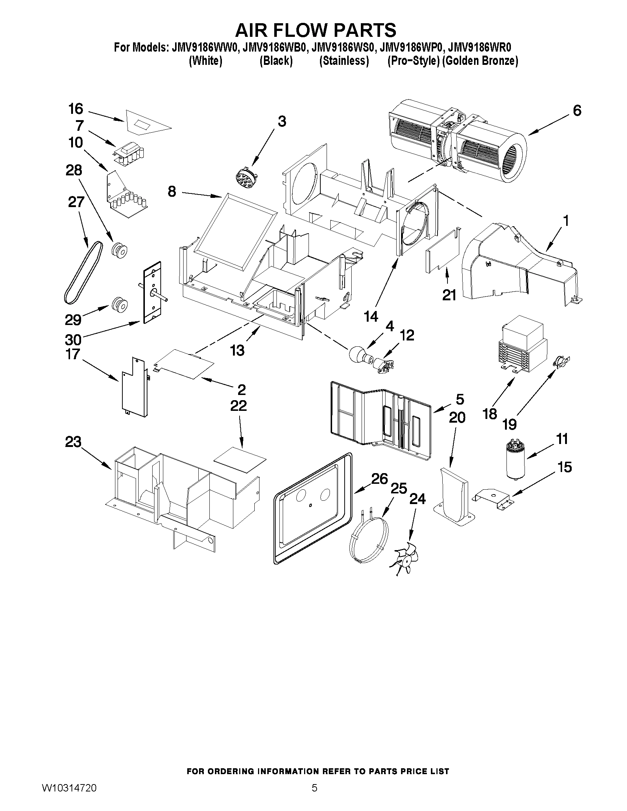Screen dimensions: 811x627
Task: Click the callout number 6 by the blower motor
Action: click(x=577, y=111)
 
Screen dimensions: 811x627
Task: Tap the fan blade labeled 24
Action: click(x=404, y=561)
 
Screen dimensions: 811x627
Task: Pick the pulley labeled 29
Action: click(x=119, y=304)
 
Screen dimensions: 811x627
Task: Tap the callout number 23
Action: click(x=73, y=442)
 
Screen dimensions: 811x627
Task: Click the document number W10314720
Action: click(x=69, y=786)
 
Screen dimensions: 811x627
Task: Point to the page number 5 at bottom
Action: click(x=314, y=786)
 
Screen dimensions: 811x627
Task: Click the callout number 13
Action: click(x=237, y=350)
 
